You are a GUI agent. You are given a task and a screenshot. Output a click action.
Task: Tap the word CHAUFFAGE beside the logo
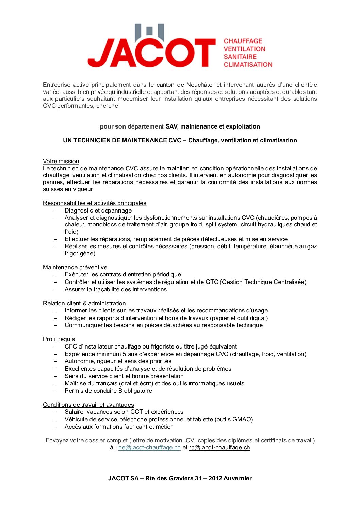[243, 41]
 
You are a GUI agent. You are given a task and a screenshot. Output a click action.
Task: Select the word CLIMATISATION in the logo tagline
[248, 65]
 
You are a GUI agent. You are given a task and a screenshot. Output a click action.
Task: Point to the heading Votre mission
[61, 161]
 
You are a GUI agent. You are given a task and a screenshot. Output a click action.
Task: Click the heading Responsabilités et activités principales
[95, 203]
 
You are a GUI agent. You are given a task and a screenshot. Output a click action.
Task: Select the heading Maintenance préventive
[75, 267]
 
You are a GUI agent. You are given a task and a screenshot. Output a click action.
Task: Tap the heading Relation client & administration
[84, 303]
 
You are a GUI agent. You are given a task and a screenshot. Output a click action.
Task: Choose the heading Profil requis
[59, 339]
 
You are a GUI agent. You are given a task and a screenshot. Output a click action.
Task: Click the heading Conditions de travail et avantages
[88, 405]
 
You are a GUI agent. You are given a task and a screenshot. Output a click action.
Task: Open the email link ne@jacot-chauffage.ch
[149, 447]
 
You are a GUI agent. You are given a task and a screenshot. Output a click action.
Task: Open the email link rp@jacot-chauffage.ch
[219, 447]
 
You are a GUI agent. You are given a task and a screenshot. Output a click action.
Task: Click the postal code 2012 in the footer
[215, 478]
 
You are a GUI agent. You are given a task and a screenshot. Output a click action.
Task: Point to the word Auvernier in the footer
[238, 478]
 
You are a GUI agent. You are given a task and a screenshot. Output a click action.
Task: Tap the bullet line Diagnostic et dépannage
[98, 210]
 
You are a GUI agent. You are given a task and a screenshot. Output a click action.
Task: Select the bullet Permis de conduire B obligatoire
[108, 391]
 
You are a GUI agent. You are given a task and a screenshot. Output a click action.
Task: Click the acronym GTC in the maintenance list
[212, 282]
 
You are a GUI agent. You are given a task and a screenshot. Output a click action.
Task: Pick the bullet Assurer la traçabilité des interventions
[116, 289]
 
